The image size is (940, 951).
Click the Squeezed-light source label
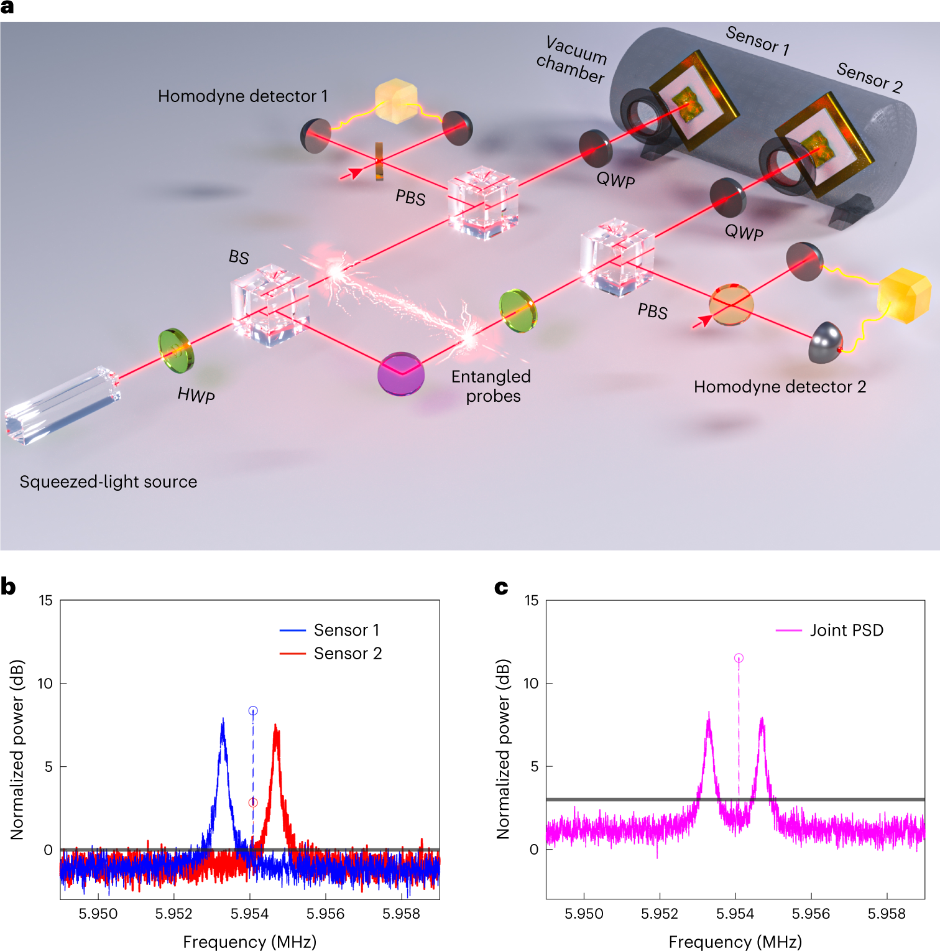point(108,481)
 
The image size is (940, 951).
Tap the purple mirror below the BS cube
point(401,374)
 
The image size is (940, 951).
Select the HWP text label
point(196,396)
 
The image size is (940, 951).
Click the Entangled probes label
point(491,386)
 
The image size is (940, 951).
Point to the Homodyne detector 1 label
point(242,96)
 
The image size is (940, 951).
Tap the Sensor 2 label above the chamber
point(869,78)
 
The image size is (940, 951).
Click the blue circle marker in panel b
point(253,710)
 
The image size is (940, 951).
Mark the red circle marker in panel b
point(253,803)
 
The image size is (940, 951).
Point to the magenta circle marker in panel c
point(739,658)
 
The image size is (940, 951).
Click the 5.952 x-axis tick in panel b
point(174,914)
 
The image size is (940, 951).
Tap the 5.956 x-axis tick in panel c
point(811,914)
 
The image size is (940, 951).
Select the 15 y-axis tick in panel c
point(532,601)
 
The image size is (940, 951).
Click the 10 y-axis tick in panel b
point(45,684)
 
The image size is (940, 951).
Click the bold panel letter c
point(501,587)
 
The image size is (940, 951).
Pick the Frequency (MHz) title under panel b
point(250,942)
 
